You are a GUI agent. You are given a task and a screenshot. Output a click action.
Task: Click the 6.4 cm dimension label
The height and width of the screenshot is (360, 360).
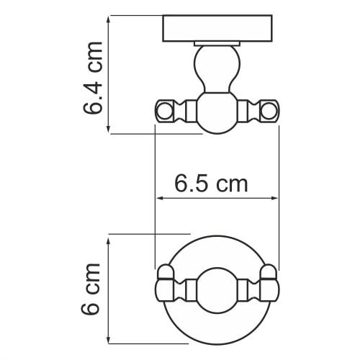click(94, 78)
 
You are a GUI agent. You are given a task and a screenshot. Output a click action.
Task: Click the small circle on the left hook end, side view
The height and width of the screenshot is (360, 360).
click(163, 110)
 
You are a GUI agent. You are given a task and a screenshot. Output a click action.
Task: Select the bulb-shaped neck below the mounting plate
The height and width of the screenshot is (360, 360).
click(217, 68)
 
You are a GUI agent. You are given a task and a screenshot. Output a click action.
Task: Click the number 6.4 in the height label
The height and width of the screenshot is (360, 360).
click(94, 94)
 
